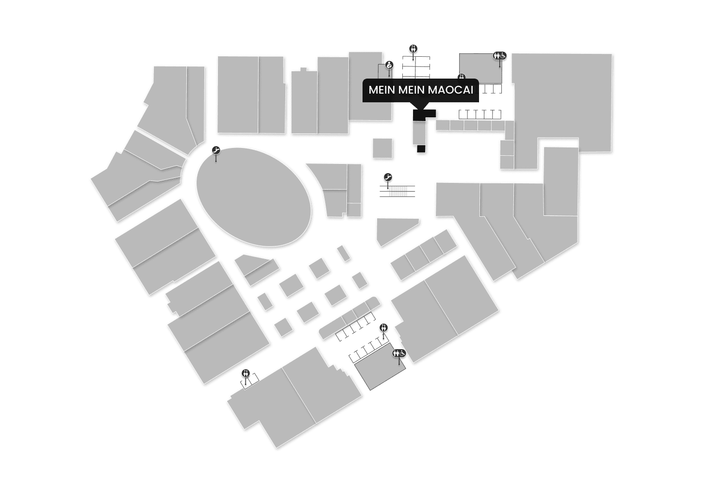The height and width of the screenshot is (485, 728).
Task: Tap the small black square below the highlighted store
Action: [x=421, y=148]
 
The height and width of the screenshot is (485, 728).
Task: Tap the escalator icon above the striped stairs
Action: [x=388, y=177]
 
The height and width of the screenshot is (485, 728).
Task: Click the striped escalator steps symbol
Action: [x=397, y=191]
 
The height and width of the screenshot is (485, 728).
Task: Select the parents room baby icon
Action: [x=389, y=65]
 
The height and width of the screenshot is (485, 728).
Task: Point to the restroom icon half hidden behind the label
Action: [x=462, y=77]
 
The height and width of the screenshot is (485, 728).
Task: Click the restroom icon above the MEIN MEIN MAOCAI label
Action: [x=414, y=48]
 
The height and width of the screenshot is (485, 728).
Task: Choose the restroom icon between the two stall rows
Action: [x=384, y=327]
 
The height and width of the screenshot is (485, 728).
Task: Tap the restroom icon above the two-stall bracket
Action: [x=246, y=373]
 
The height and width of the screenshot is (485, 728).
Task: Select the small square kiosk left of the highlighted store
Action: [x=382, y=148]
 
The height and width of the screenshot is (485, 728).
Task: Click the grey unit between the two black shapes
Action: [x=418, y=132]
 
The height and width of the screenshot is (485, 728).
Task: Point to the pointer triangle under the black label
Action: [x=421, y=106]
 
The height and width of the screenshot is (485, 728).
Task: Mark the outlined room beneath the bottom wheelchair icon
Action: [x=380, y=370]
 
